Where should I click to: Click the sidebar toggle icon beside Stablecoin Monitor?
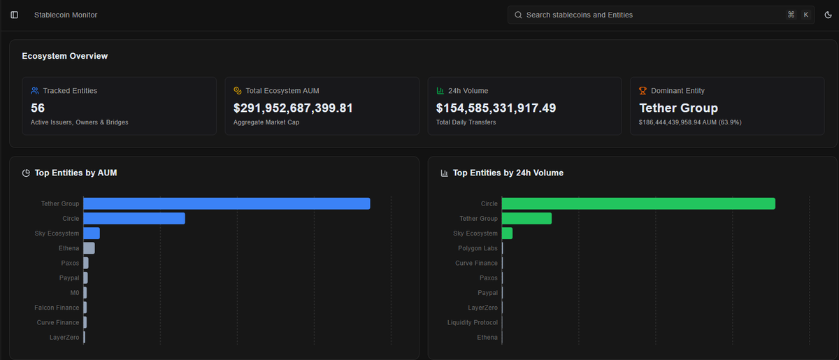(15, 15)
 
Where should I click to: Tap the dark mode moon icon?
(828, 15)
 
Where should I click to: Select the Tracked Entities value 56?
(38, 108)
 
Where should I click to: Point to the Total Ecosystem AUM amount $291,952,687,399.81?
(293, 108)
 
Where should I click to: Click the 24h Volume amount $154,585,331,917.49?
(496, 108)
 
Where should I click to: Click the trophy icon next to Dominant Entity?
(643, 91)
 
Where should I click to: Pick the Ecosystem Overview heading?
(65, 56)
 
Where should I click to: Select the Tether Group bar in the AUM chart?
(227, 203)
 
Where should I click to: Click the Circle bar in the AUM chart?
(134, 219)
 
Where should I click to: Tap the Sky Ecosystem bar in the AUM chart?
(92, 233)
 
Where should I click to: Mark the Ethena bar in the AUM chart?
(89, 248)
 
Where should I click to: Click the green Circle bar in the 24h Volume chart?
(638, 203)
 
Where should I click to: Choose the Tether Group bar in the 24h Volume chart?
(526, 219)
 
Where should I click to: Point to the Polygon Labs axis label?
(478, 248)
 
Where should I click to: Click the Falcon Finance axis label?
(57, 308)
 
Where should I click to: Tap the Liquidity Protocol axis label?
(473, 322)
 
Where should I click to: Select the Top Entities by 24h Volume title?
(508, 173)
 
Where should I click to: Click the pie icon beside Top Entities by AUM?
(26, 173)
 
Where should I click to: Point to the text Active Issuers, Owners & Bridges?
(80, 122)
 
